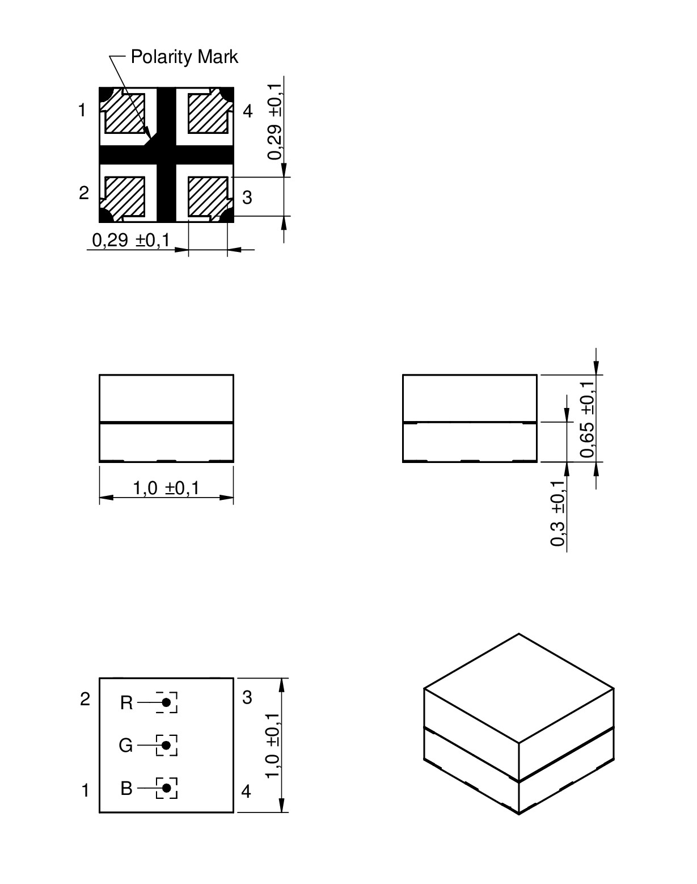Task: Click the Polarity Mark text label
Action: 184,57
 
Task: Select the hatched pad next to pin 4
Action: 209,112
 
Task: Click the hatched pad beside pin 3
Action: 209,198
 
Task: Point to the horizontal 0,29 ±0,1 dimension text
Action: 131,241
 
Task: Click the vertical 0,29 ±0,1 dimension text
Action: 275,121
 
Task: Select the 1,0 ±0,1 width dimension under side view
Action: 166,489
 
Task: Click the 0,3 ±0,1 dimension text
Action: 557,513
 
